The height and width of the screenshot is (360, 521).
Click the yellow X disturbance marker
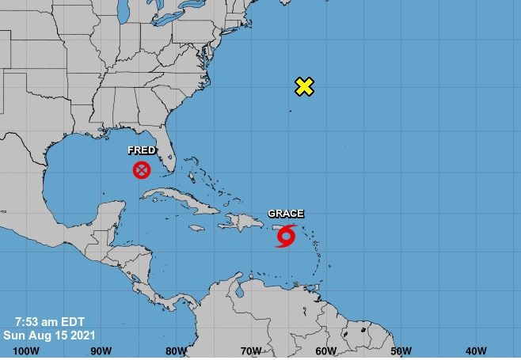click(x=304, y=86)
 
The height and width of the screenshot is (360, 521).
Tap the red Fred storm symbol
click(x=142, y=169)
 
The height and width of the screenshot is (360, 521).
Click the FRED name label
click(x=142, y=150)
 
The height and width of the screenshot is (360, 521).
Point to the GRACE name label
click(x=285, y=214)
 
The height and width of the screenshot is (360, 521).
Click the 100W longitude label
click(x=26, y=351)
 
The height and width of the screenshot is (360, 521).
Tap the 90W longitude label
click(x=101, y=351)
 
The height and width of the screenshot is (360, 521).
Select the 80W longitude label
click(x=176, y=351)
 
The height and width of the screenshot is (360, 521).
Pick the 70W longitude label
click(x=251, y=351)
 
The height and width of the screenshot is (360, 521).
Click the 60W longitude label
click(x=325, y=351)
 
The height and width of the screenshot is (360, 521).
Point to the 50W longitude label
click(x=401, y=351)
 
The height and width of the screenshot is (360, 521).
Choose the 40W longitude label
click(x=476, y=351)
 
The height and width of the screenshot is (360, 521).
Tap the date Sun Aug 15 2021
click(x=49, y=334)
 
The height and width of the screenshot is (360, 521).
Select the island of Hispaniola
click(x=237, y=224)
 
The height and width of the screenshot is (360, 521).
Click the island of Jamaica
click(x=196, y=231)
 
